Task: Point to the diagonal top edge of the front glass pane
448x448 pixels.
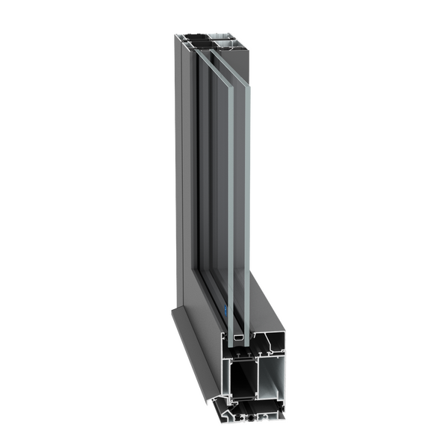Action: pos(210,56)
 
